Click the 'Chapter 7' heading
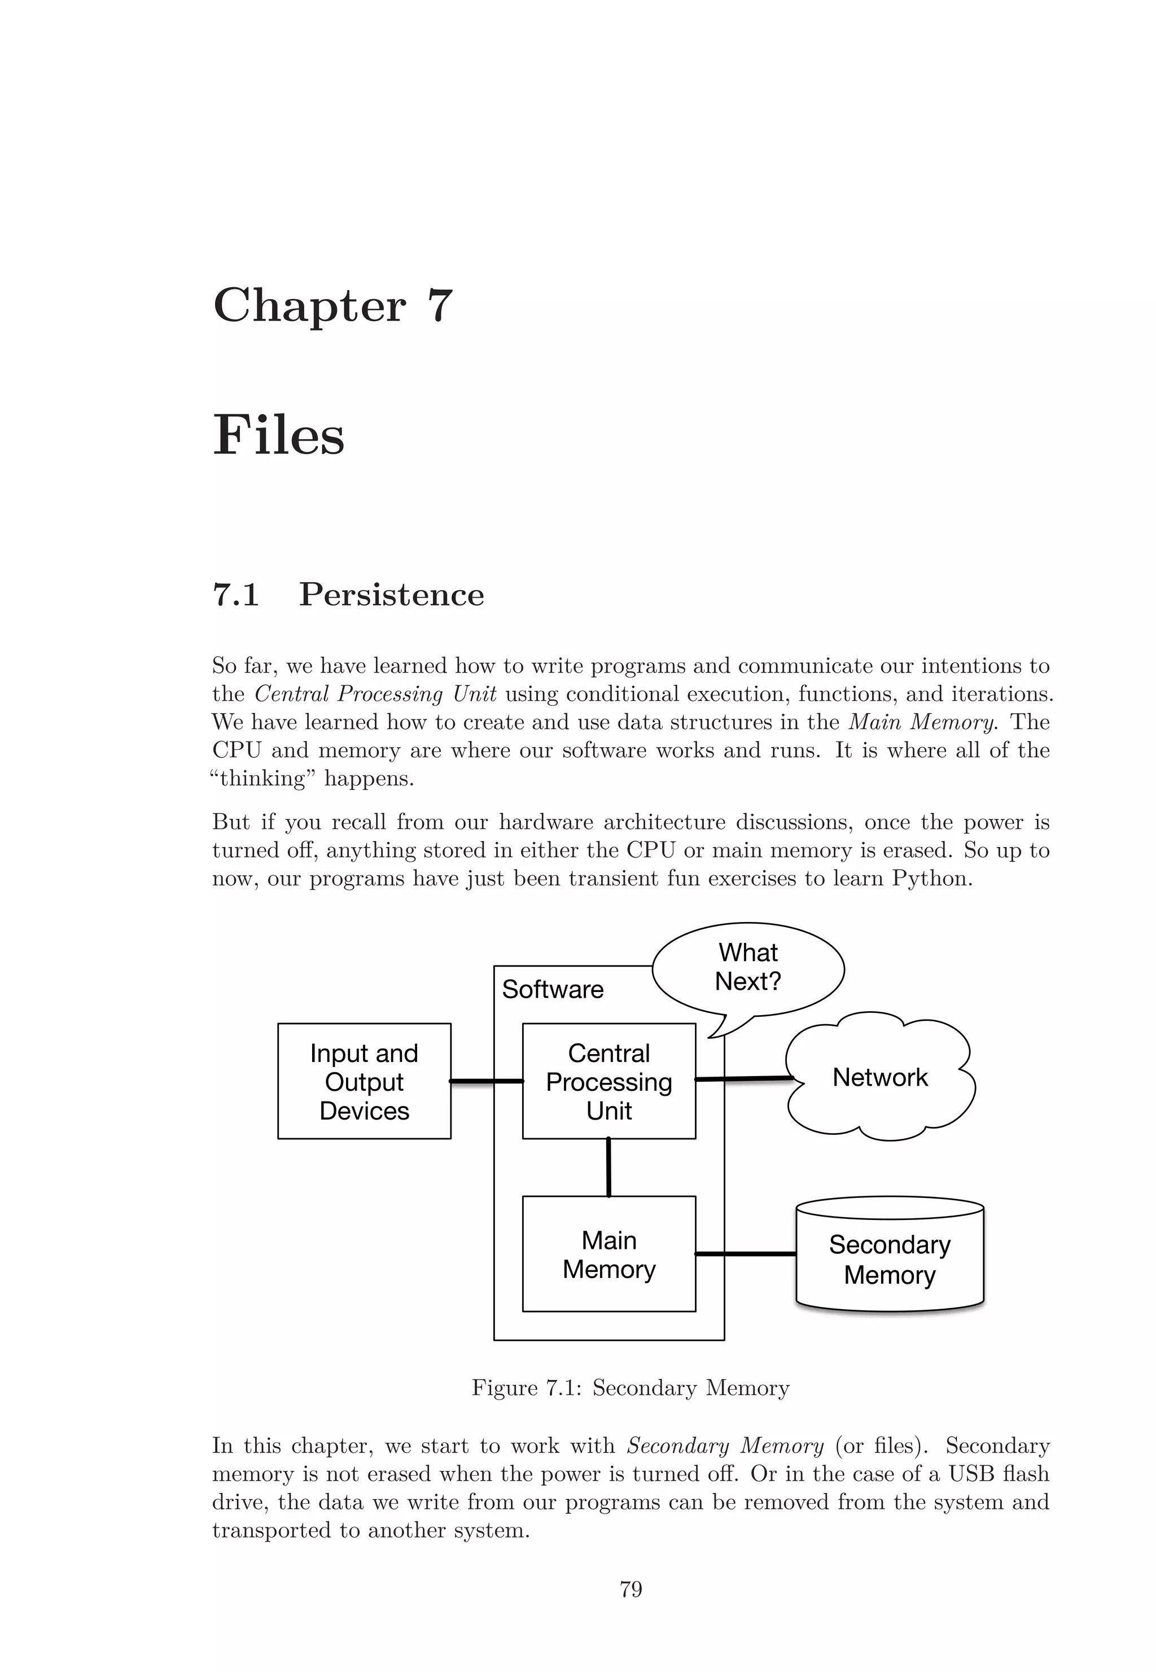click(332, 306)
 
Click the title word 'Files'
click(279, 436)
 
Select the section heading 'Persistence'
click(391, 595)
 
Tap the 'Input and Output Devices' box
click(364, 1081)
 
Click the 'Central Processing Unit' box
click(608, 1081)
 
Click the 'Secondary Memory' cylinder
click(890, 1260)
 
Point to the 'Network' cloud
click(880, 1077)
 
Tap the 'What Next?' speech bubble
click(748, 967)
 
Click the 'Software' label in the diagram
click(553, 990)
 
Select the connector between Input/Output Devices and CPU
click(486, 1081)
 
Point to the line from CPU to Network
click(744, 1079)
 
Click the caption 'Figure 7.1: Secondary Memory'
click(630, 1388)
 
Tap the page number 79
click(631, 1590)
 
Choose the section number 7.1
click(236, 595)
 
